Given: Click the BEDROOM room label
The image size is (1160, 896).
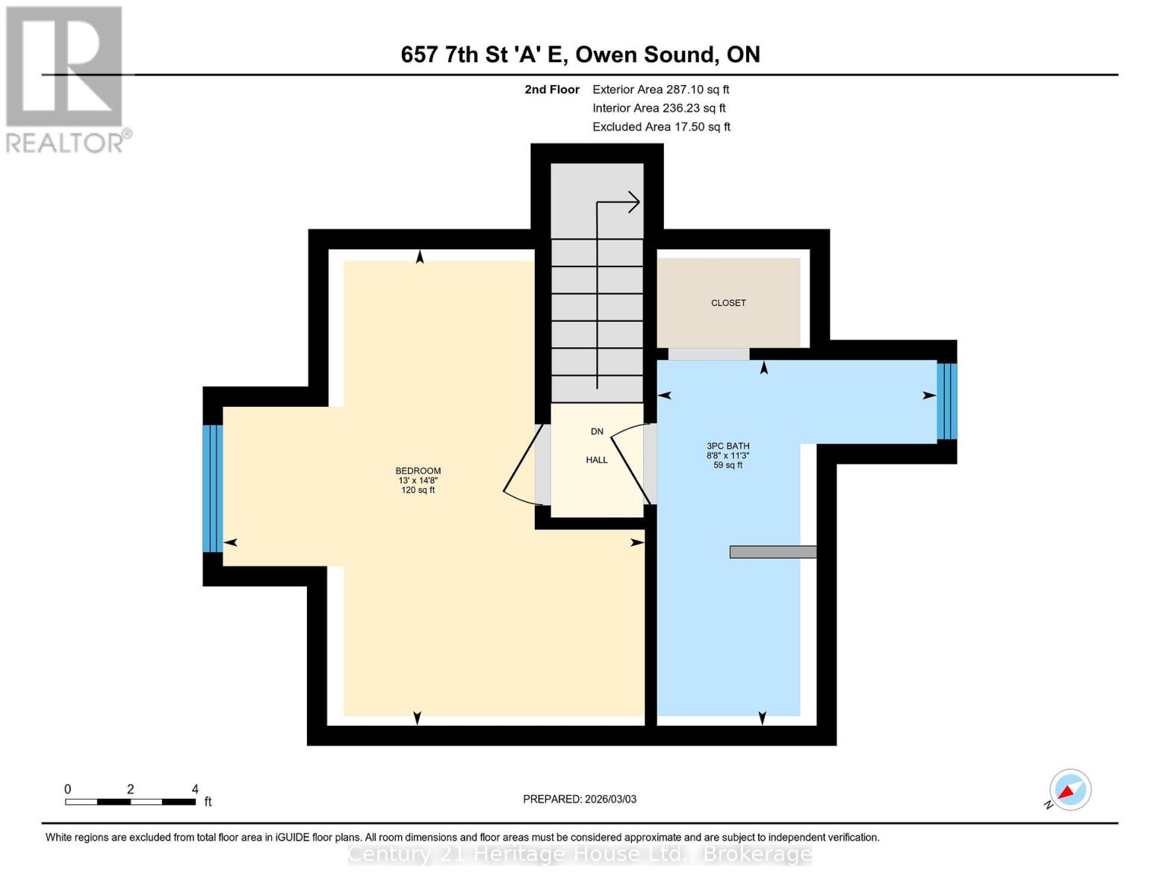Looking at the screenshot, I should coord(418,471).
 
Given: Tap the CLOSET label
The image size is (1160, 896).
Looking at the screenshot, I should coord(728,303).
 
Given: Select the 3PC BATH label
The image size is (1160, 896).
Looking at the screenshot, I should coord(728,447).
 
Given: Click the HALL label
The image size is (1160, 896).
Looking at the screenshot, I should coord(596,460).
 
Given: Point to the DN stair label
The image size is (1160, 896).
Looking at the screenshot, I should coord(596,432).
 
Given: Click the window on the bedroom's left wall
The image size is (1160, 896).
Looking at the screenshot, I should coord(213,488).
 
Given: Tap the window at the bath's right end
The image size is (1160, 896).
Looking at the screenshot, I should coord(946,401).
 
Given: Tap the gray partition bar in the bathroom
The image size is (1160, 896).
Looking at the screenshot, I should coord(772,552).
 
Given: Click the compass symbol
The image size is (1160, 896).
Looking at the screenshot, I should coord(1070,790).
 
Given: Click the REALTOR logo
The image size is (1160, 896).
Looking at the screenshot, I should coord(66,78).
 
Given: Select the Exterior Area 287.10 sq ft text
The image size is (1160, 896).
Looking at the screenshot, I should coord(660,90).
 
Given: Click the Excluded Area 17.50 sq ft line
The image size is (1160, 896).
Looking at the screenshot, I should coord(661,127).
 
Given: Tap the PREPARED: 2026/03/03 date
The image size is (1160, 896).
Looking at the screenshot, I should coord(579,799).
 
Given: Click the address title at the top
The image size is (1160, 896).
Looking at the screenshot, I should coord(580,55).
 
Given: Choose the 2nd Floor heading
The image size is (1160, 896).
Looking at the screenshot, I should coord(551,90).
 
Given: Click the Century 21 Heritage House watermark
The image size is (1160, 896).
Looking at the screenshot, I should coord(580,853).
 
